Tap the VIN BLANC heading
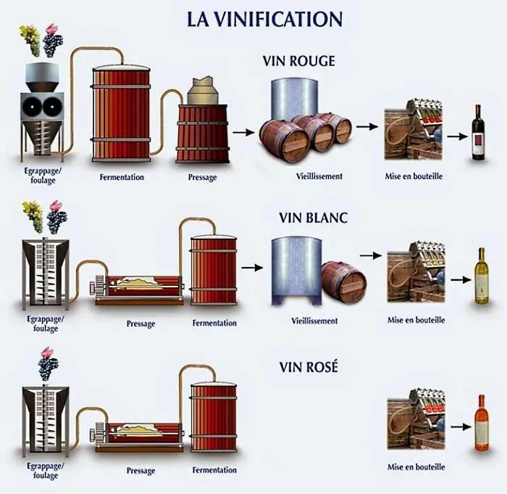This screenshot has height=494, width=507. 314,218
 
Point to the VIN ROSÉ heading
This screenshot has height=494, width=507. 309,367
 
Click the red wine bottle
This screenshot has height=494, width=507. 478,132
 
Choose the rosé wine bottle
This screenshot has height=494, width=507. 481,424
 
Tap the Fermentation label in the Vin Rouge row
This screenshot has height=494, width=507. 122,177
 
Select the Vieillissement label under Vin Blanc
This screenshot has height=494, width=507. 314,320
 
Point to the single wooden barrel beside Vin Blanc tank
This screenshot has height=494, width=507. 344,281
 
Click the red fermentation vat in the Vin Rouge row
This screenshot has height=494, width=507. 121,113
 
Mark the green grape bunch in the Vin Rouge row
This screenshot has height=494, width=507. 30,39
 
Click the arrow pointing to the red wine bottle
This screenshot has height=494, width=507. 456,136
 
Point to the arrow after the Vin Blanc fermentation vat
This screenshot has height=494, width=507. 251,268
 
